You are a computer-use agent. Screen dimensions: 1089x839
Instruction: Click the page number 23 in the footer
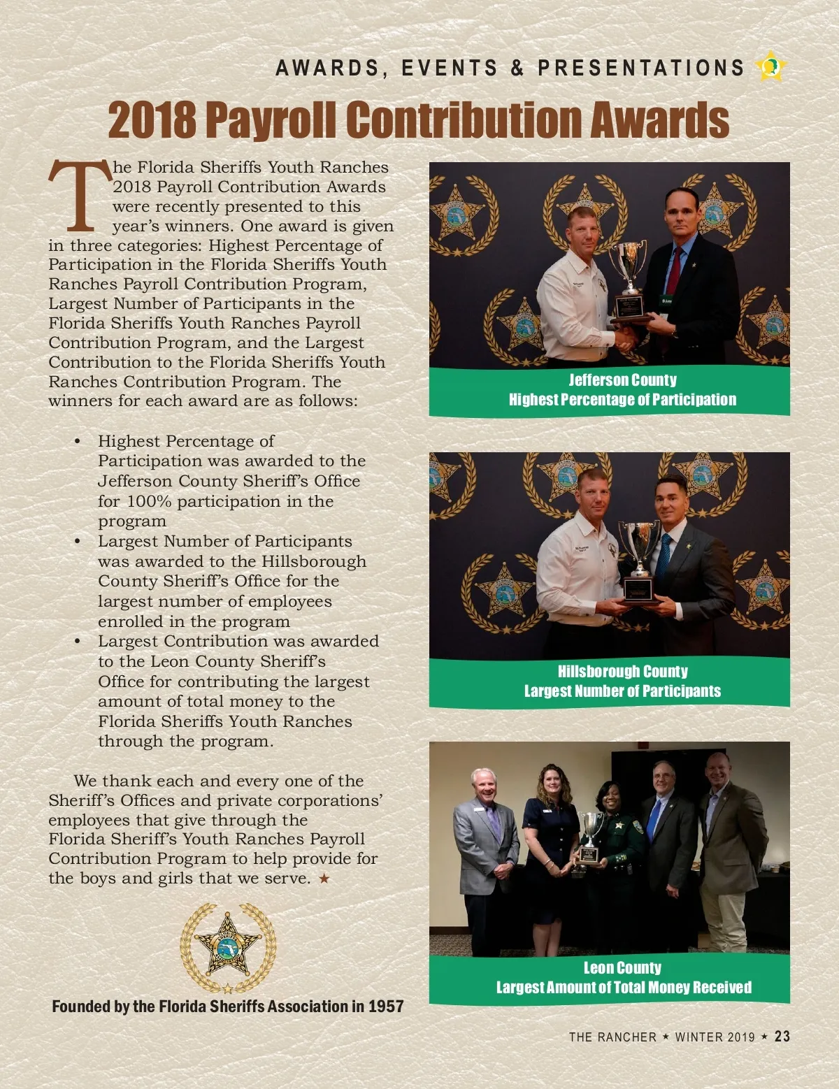782,1036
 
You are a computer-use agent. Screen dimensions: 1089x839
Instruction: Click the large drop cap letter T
80,196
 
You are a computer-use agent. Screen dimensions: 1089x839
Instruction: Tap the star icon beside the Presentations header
770,67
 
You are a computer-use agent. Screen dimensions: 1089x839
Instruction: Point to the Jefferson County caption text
622,380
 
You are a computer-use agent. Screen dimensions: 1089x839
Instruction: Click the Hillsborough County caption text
622,672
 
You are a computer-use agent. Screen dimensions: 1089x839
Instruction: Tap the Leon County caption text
622,968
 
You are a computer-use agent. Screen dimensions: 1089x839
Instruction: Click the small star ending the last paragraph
324,878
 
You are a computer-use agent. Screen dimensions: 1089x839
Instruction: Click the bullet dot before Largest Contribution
78,641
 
